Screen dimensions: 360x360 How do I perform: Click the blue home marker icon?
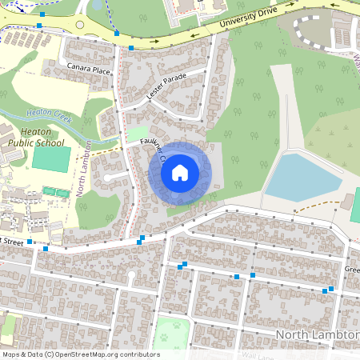tap(180, 172)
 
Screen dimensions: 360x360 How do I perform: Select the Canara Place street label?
tap(89, 70)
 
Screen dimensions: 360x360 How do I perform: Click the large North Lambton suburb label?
tap(317, 334)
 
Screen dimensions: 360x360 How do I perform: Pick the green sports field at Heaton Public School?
tap(51, 158)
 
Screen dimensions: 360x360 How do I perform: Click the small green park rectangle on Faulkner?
tap(138, 134)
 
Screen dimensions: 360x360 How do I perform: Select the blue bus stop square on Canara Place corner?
tap(131, 48)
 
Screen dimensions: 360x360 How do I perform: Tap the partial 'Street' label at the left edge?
tap(11, 241)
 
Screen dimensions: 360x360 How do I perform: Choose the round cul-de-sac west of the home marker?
tap(106, 178)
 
